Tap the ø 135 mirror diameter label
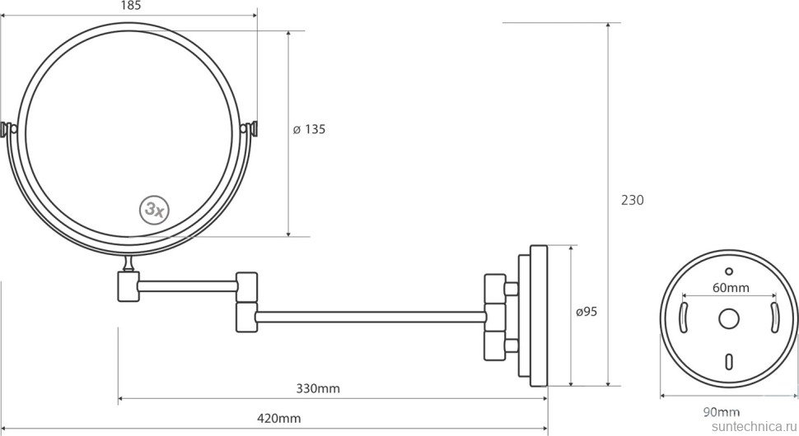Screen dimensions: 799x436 click(x=309, y=129)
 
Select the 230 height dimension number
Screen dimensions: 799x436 click(x=633, y=201)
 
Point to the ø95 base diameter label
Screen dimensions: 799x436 click(x=586, y=312)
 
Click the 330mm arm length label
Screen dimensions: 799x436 click(x=318, y=388)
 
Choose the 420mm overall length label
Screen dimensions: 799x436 click(x=278, y=418)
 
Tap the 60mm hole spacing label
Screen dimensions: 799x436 click(x=731, y=288)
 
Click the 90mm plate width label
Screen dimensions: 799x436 click(x=722, y=412)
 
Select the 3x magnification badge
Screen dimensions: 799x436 click(x=154, y=209)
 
